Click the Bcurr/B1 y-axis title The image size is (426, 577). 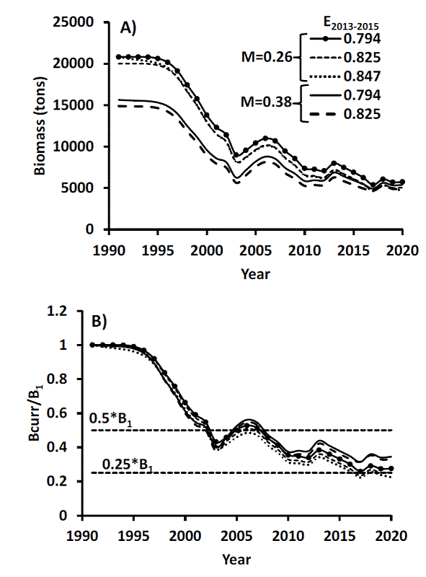coord(41,413)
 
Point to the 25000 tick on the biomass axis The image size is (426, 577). coord(76,22)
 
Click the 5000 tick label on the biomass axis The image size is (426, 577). coord(81,188)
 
